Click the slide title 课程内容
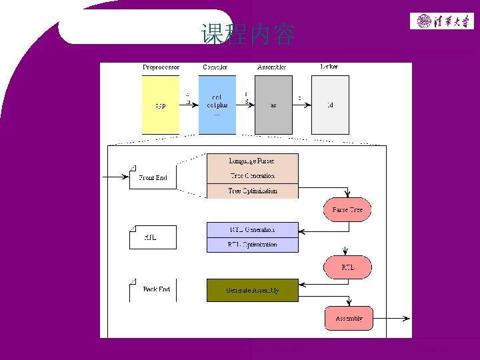248,35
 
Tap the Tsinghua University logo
441,21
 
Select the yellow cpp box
161,105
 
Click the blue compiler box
217,105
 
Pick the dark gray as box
273,105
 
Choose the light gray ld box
330,105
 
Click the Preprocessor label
161,67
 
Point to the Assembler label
272,67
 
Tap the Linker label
329,67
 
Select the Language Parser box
252,161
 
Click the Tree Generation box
252,176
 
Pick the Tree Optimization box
252,191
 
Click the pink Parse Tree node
347,210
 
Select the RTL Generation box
252,230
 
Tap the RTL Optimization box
252,245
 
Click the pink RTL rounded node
347,267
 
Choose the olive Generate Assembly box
252,291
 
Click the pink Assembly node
349,318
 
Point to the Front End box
153,178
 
